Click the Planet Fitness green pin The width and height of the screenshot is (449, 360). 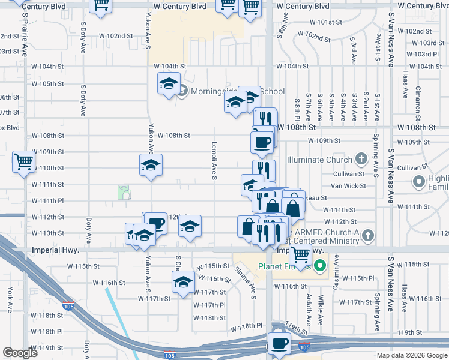321,265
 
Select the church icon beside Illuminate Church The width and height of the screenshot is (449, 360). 361,159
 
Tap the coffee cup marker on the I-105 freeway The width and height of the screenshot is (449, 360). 279,344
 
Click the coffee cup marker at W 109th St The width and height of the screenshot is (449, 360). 262,142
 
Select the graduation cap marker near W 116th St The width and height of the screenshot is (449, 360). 182,281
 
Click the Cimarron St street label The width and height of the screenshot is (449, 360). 418,100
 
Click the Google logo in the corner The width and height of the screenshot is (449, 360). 20,353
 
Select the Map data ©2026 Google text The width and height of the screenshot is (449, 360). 412,355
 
